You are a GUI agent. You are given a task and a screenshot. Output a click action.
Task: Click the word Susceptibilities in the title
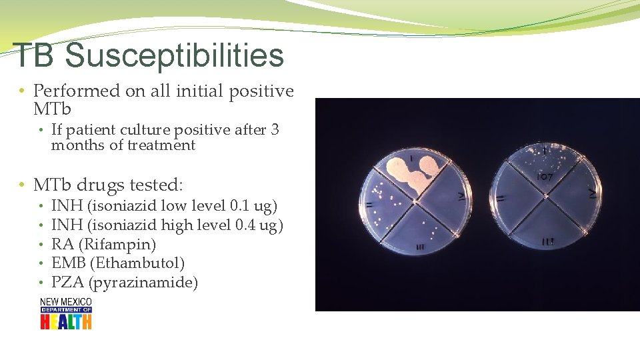(174, 56)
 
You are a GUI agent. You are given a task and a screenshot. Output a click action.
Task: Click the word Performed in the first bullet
(76, 91)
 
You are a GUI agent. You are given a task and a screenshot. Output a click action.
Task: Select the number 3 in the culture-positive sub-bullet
(275, 130)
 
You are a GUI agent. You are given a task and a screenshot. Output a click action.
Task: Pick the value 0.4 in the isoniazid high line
(247, 225)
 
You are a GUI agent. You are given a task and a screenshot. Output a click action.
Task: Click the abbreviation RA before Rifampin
(62, 245)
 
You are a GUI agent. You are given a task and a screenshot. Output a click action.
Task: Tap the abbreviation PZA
(67, 283)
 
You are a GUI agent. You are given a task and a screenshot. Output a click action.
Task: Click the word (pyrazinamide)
(143, 283)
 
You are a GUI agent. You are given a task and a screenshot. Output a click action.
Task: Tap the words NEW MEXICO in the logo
(65, 302)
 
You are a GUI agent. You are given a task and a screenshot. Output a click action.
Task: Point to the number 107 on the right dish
(545, 177)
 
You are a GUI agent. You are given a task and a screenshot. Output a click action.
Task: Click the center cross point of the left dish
(415, 201)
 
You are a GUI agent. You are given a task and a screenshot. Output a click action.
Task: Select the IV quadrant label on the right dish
(592, 193)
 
